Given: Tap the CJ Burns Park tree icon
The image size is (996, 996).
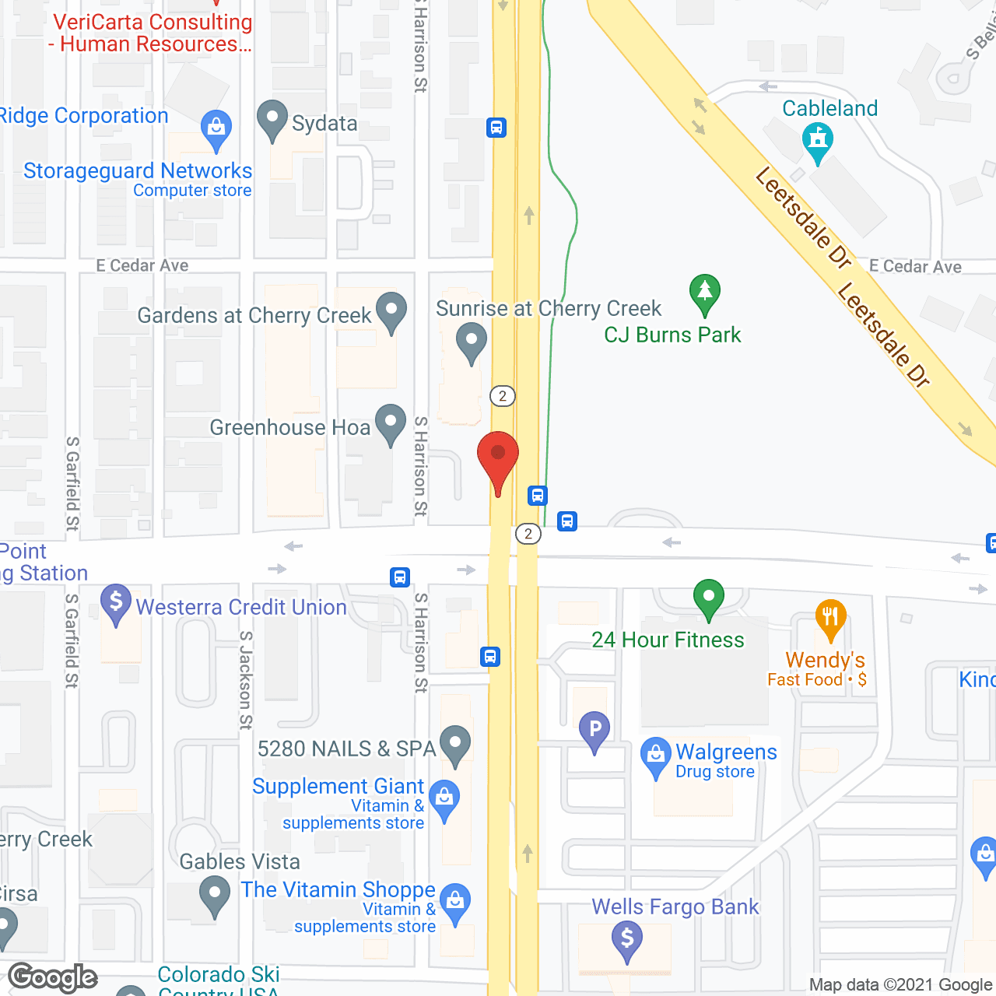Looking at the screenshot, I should click(704, 293).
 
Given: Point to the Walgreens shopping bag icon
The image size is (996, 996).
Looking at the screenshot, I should click(655, 755).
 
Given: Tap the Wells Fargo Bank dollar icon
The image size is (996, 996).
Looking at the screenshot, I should click(627, 938).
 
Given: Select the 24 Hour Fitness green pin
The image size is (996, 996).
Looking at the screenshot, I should click(708, 598).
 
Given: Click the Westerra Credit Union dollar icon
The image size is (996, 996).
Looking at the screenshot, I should click(116, 603).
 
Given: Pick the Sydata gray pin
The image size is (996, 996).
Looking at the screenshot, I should click(272, 120).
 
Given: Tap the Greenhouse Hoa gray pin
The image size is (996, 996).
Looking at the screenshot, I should click(391, 423).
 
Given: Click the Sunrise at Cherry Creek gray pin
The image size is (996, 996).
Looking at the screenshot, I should click(471, 341).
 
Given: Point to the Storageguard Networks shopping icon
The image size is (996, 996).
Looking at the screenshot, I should click(216, 128).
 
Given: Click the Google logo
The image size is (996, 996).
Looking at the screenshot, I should click(53, 977).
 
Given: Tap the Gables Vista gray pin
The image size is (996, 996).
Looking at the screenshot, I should click(214, 894).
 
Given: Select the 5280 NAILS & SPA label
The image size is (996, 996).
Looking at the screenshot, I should click(346, 749).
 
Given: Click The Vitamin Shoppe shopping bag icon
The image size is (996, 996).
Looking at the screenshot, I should click(455, 903).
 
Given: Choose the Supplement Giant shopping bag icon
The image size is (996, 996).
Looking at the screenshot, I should click(444, 798).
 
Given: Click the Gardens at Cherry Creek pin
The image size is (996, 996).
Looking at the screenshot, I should click(391, 310).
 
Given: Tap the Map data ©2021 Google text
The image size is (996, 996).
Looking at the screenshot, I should click(900, 985).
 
